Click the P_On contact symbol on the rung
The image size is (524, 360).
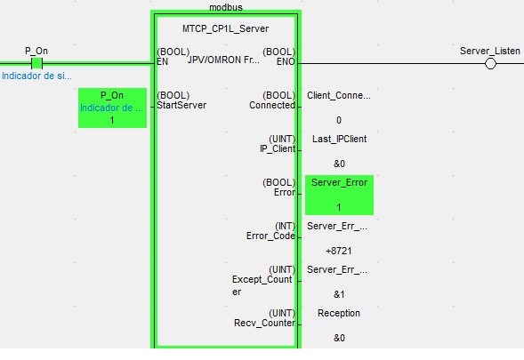tap(36, 63)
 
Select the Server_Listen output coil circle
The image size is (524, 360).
tap(490, 63)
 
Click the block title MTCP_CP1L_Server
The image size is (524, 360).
tap(226, 28)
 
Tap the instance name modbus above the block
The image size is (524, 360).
tap(226, 7)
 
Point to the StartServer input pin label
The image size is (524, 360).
tap(181, 105)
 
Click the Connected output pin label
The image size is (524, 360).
tap(272, 105)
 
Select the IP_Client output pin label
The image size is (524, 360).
tap(278, 148)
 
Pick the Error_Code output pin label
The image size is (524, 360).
tap(270, 236)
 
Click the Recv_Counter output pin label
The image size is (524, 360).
tap(264, 323)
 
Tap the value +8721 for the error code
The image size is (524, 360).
tap(339, 251)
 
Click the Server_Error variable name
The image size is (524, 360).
tap(339, 182)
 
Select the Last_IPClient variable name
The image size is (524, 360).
tap(339, 139)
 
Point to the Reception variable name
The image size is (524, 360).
tap(339, 313)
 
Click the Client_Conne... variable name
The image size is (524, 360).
tap(339, 95)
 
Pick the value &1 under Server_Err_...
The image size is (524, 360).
tap(339, 294)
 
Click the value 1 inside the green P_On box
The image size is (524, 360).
tap(112, 120)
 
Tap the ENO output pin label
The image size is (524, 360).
tap(286, 62)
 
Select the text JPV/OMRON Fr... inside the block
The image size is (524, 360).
tap(223, 60)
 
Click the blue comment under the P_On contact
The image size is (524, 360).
tap(36, 76)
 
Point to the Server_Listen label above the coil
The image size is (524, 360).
tap(490, 51)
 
